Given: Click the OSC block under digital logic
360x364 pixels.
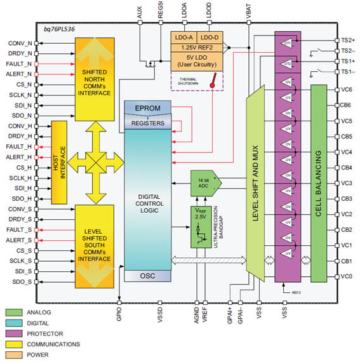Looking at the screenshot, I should coord(148,276).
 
